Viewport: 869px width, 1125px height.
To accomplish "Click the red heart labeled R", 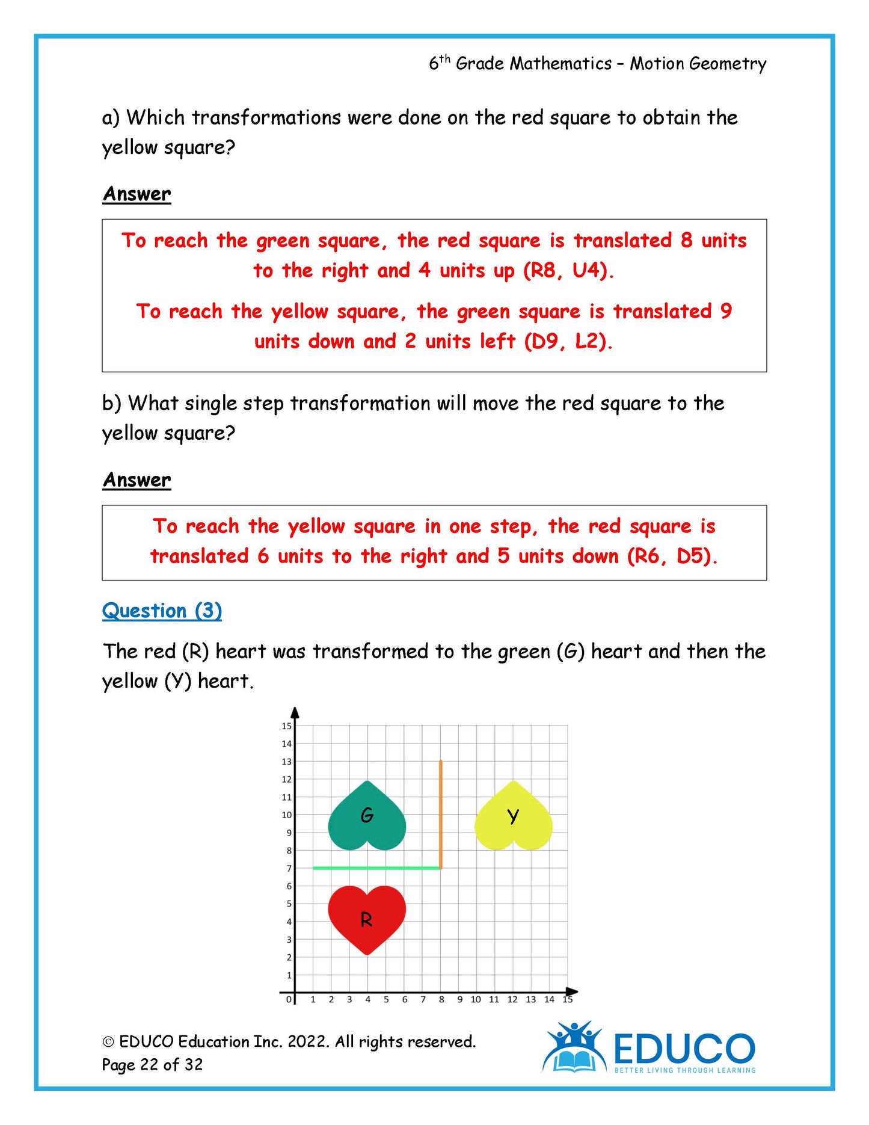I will [x=367, y=918].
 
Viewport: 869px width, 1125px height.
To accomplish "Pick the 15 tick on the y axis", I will [x=286, y=726].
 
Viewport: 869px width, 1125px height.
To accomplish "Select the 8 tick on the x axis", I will [x=441, y=999].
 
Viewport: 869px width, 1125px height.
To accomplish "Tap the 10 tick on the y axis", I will [x=286, y=815].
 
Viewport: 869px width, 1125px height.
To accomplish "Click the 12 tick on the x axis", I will [x=512, y=999].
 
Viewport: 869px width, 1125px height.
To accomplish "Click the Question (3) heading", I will [x=162, y=611].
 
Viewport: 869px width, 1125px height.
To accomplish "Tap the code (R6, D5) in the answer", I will [x=672, y=556].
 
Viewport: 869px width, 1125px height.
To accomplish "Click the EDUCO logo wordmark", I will [x=684, y=1049].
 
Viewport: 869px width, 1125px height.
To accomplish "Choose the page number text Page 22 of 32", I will [x=152, y=1064].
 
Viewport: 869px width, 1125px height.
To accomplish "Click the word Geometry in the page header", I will [x=728, y=64].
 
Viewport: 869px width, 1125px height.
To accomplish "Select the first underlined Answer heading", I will [x=137, y=194].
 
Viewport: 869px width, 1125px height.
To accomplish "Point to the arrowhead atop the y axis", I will [x=295, y=713].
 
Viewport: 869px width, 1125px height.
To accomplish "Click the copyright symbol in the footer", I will [x=108, y=1042].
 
